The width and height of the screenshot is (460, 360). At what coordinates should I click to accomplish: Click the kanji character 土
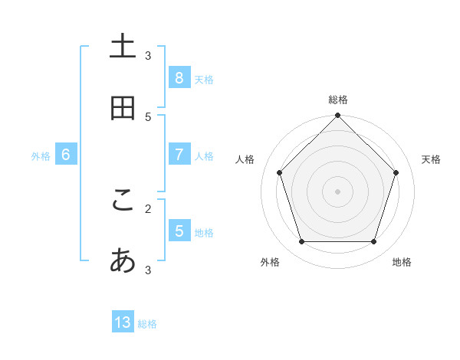click(x=123, y=47)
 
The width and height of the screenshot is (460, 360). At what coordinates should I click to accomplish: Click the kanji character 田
click(x=123, y=109)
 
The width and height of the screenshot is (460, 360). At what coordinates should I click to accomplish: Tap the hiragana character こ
click(x=123, y=200)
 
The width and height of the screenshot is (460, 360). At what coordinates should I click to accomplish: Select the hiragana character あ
click(x=123, y=262)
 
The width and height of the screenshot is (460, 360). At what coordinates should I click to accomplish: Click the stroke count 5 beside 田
click(x=148, y=116)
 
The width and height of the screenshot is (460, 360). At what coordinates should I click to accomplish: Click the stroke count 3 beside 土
click(x=148, y=55)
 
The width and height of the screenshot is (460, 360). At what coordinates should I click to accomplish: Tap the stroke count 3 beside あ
click(x=148, y=270)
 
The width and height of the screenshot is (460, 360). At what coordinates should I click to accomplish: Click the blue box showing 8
click(x=179, y=77)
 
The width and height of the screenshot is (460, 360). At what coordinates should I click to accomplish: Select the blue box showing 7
click(x=179, y=155)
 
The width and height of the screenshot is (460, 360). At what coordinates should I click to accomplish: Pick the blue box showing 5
click(x=179, y=231)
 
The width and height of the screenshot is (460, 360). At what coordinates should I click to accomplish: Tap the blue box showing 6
click(x=66, y=155)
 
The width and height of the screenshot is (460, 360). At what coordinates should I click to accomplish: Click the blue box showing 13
click(x=123, y=322)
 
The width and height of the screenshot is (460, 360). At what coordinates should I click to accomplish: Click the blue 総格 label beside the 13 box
click(x=147, y=324)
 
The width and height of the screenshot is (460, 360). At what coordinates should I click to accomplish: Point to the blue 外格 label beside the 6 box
click(x=41, y=156)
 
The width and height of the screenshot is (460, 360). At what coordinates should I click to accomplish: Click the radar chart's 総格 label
click(x=338, y=100)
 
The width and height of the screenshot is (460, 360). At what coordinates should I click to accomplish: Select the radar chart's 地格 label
click(x=402, y=262)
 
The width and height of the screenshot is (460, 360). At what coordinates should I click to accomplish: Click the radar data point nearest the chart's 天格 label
click(x=396, y=172)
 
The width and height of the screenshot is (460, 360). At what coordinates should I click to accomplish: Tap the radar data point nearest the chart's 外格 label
click(x=301, y=242)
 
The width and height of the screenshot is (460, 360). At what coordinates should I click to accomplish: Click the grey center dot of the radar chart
click(x=338, y=191)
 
